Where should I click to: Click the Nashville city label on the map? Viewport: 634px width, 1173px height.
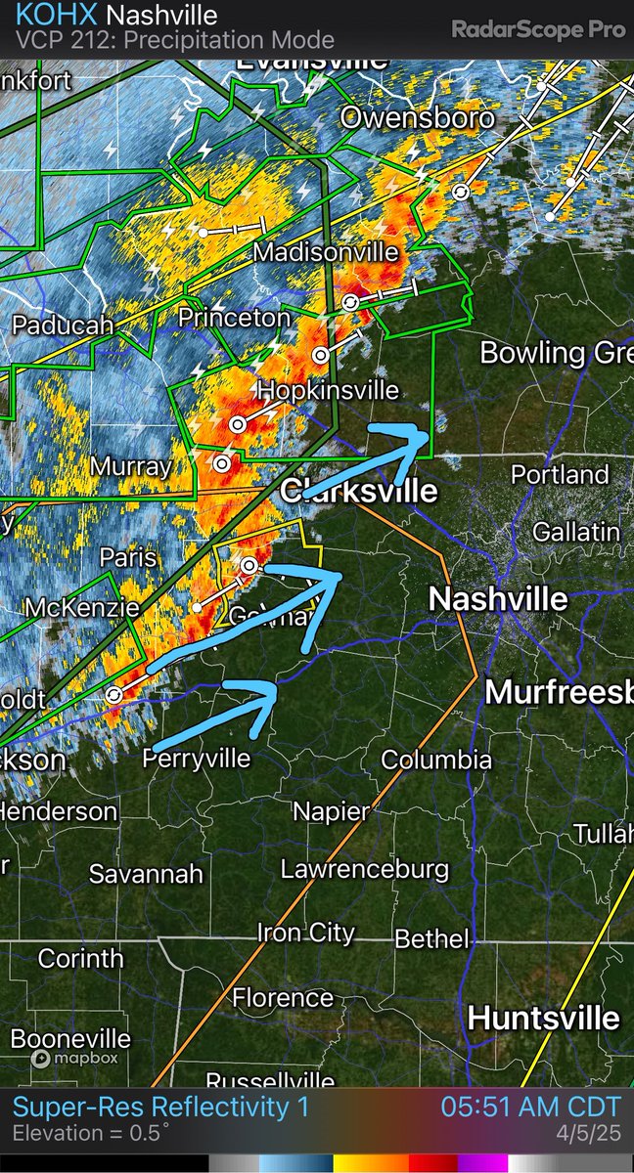499,598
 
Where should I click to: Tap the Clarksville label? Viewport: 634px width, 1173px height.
359,490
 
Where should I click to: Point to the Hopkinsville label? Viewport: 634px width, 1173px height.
328,391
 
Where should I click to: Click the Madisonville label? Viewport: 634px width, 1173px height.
326,252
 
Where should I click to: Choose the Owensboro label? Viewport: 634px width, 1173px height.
416,119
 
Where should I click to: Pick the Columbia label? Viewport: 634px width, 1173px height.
436,760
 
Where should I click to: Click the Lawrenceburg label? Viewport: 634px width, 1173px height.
365,869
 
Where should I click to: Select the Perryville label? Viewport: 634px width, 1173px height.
197,759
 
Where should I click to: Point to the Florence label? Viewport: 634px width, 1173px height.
283,998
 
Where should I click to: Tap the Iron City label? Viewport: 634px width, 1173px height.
305,933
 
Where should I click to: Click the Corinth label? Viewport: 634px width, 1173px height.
81,958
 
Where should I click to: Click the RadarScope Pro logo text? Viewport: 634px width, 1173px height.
538,29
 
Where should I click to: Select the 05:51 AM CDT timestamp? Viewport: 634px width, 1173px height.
530,1107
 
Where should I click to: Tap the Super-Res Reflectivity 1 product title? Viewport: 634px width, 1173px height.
161,1107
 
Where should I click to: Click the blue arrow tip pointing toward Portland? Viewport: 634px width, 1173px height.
429,431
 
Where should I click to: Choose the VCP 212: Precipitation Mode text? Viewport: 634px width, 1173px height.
176,41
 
